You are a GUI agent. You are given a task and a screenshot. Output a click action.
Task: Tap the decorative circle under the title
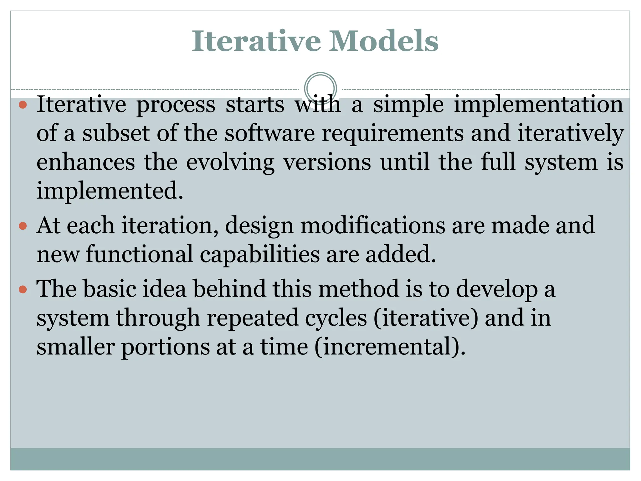(x=320, y=88)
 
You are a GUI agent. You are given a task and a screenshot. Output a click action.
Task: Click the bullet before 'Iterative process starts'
(x=23, y=105)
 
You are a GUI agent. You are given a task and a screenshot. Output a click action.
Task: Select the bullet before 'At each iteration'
(x=23, y=226)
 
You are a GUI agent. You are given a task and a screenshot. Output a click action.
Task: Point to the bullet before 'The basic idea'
(x=23, y=289)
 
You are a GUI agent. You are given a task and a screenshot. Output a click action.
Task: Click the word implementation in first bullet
(x=538, y=105)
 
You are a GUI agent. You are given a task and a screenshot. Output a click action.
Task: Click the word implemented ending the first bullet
(x=110, y=191)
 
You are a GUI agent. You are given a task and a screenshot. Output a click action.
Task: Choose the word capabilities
(x=259, y=254)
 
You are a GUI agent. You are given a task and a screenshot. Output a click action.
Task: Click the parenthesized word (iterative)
(x=426, y=318)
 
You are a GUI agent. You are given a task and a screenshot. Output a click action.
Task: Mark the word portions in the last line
(x=165, y=348)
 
